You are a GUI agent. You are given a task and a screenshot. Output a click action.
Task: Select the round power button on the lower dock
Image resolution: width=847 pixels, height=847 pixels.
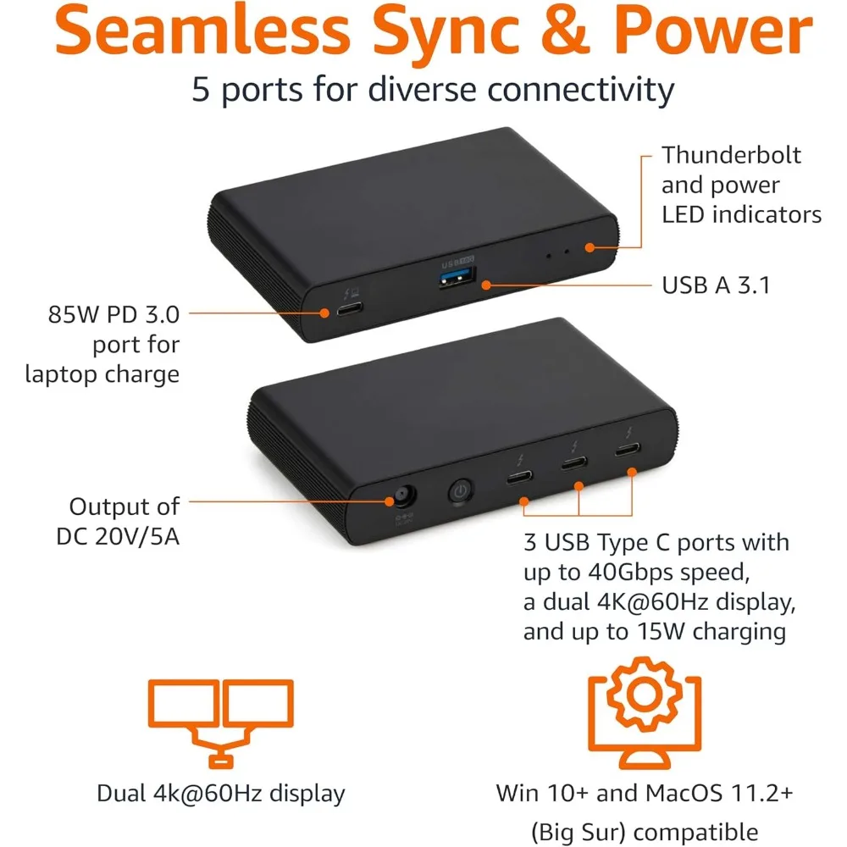460,491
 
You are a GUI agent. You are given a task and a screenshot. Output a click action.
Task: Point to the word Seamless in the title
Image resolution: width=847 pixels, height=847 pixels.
187,31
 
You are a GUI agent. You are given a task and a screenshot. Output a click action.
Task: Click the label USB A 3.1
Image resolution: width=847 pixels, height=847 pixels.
716,285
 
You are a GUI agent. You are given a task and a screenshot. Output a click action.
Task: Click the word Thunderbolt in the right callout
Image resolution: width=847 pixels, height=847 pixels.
731,155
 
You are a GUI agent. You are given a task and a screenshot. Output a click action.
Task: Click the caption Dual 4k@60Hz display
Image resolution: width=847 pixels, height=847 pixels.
220,794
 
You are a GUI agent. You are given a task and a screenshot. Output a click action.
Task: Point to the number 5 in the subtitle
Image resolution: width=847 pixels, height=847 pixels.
201,88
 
